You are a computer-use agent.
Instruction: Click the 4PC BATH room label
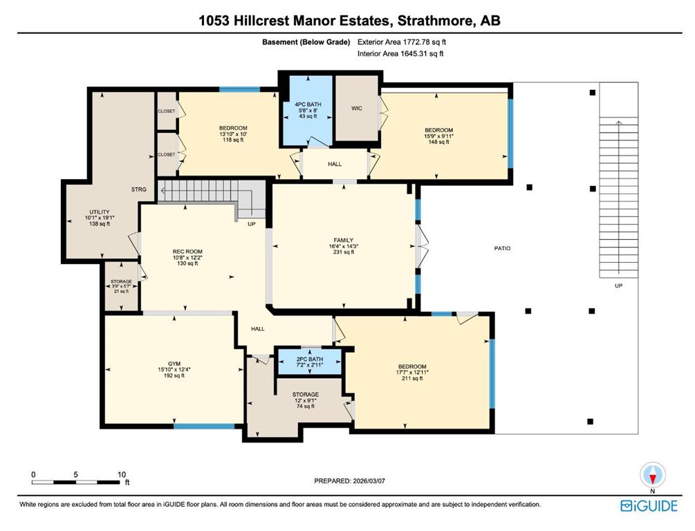308,104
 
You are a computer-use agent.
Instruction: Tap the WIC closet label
357,108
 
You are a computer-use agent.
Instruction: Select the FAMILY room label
344,240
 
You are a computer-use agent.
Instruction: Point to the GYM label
174,364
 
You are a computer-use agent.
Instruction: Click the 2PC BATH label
310,359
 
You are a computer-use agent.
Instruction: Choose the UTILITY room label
100,212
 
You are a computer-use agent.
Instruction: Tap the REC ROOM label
187,252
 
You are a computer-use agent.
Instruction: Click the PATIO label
502,249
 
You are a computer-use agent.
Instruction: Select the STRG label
139,189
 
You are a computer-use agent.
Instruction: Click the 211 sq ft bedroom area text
412,378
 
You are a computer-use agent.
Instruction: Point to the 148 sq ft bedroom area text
439,142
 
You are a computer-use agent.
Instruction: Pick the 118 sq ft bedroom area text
232,140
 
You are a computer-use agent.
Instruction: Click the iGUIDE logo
649,506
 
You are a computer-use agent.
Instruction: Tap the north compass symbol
652,475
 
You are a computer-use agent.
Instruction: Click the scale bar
76,482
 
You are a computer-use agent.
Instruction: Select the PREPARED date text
350,481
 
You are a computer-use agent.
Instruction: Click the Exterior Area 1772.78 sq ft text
402,42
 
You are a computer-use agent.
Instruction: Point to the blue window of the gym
204,427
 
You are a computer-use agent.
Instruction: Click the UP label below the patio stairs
618,286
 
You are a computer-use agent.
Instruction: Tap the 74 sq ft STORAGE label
306,395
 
